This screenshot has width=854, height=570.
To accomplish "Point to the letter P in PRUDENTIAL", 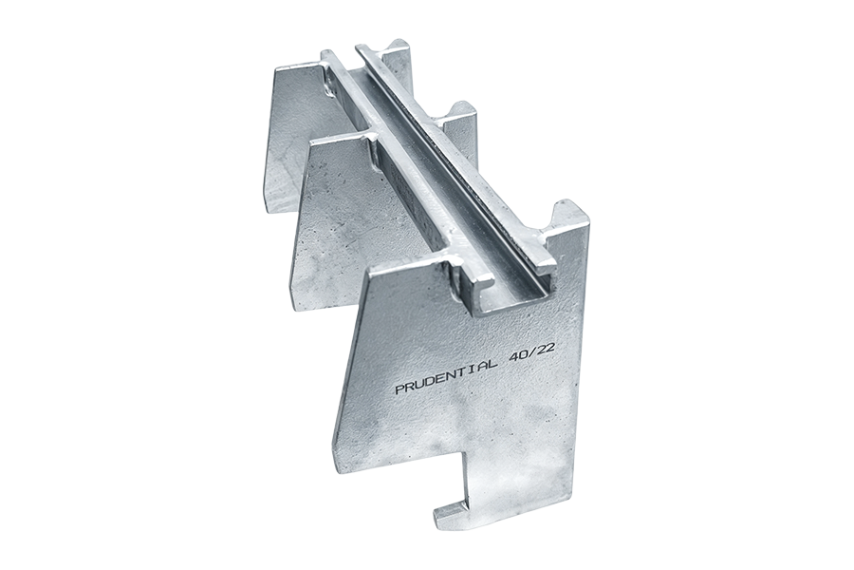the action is point(399,389).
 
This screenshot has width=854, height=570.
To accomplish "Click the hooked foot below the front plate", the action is point(456,502).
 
